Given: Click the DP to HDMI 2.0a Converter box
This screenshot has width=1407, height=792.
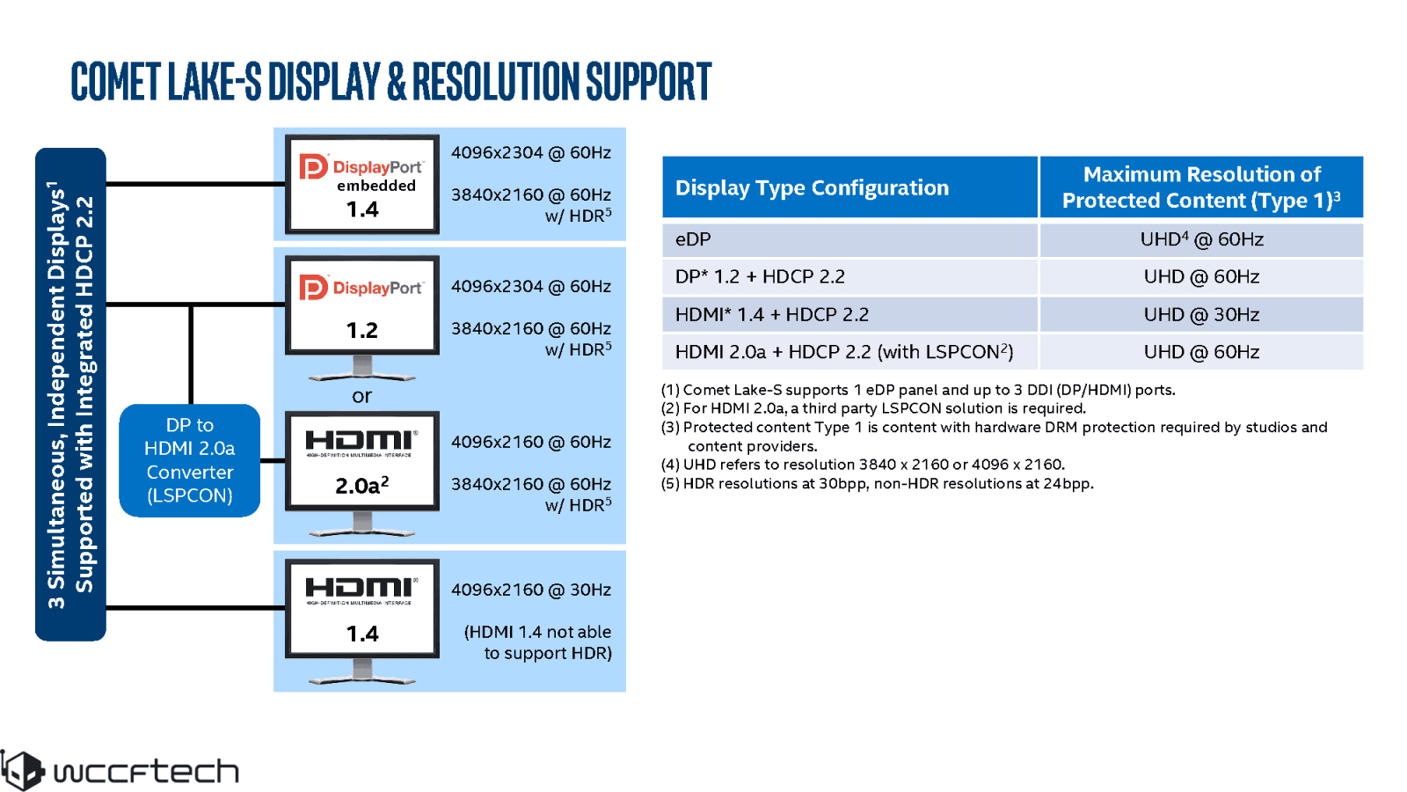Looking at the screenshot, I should [189, 460].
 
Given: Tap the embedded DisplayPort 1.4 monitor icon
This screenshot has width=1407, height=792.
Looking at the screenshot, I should [361, 184].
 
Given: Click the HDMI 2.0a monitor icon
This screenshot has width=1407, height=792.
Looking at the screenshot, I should [361, 461].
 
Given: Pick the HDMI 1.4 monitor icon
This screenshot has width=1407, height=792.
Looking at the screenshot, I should [361, 609].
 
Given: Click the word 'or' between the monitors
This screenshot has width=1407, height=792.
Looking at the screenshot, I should [361, 396].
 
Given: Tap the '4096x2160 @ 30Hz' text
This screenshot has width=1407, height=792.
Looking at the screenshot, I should [530, 590].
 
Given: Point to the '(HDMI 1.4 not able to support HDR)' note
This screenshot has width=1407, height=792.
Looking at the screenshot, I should [537, 642].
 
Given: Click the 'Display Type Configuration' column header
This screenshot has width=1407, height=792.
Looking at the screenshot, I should [812, 187].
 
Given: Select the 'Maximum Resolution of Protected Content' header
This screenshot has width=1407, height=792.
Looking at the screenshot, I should [1201, 187].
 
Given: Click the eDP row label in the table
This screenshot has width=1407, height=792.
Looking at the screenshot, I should [693, 239].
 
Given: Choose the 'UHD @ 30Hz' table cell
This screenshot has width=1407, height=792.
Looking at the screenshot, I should [1201, 314].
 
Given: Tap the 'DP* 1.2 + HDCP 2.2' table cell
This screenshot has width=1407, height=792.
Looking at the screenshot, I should [760, 276].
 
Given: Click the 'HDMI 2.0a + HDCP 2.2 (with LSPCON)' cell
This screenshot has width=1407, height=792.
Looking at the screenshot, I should [843, 352].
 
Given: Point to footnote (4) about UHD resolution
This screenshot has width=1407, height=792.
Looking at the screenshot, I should [863, 465].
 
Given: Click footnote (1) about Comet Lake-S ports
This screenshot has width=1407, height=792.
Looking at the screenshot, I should [917, 390].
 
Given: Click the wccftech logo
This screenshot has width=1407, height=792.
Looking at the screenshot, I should [120, 771].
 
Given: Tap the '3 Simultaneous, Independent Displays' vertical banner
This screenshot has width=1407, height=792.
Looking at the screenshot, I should [70, 394].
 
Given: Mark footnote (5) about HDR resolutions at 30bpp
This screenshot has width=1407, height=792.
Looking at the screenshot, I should [877, 483].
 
